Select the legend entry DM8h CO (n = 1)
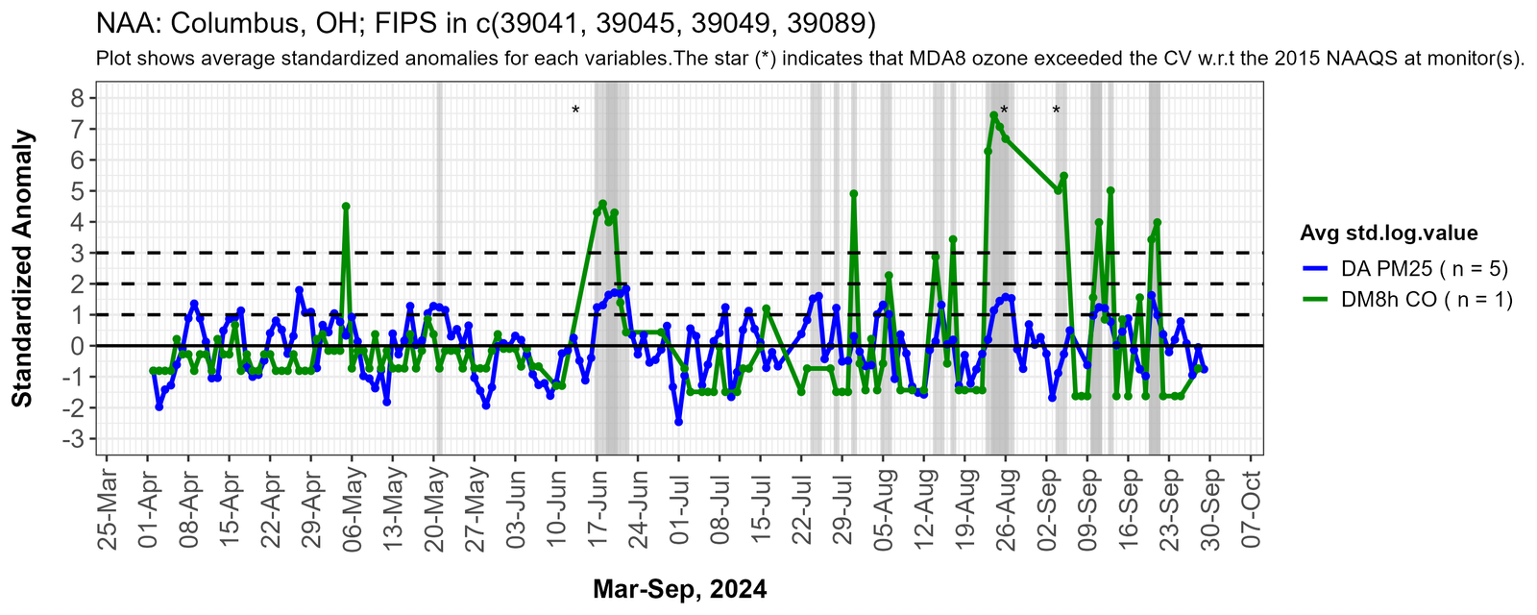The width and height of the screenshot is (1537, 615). pos(1407,299)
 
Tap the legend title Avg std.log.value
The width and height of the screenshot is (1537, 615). pos(1388,233)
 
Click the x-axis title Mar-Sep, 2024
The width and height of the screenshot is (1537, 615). pos(679,589)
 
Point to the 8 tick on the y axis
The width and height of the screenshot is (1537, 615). pos(77,97)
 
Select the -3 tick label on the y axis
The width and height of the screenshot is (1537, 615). pos(73,439)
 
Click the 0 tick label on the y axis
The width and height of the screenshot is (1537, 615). pos(77,346)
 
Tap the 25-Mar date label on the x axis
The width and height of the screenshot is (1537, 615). pos(108,510)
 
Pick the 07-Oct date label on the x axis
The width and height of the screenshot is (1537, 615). pos(1252,510)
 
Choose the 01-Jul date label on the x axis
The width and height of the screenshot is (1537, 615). pos(679,510)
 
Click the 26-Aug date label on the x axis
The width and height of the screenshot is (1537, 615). pos(1006,510)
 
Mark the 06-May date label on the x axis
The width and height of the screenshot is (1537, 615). pos(353,510)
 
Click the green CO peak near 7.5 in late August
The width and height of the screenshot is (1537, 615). pos(993,115)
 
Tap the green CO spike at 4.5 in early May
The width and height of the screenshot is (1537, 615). pos(346,206)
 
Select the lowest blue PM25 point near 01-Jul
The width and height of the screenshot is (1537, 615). pos(678,422)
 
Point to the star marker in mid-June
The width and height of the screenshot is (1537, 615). pos(575,111)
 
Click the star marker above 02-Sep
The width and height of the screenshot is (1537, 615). pos(1056,111)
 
